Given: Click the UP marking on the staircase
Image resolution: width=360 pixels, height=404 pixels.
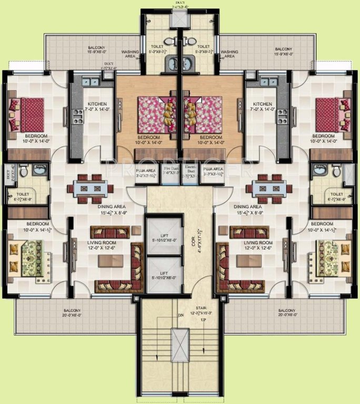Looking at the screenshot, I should tap(203, 320).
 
